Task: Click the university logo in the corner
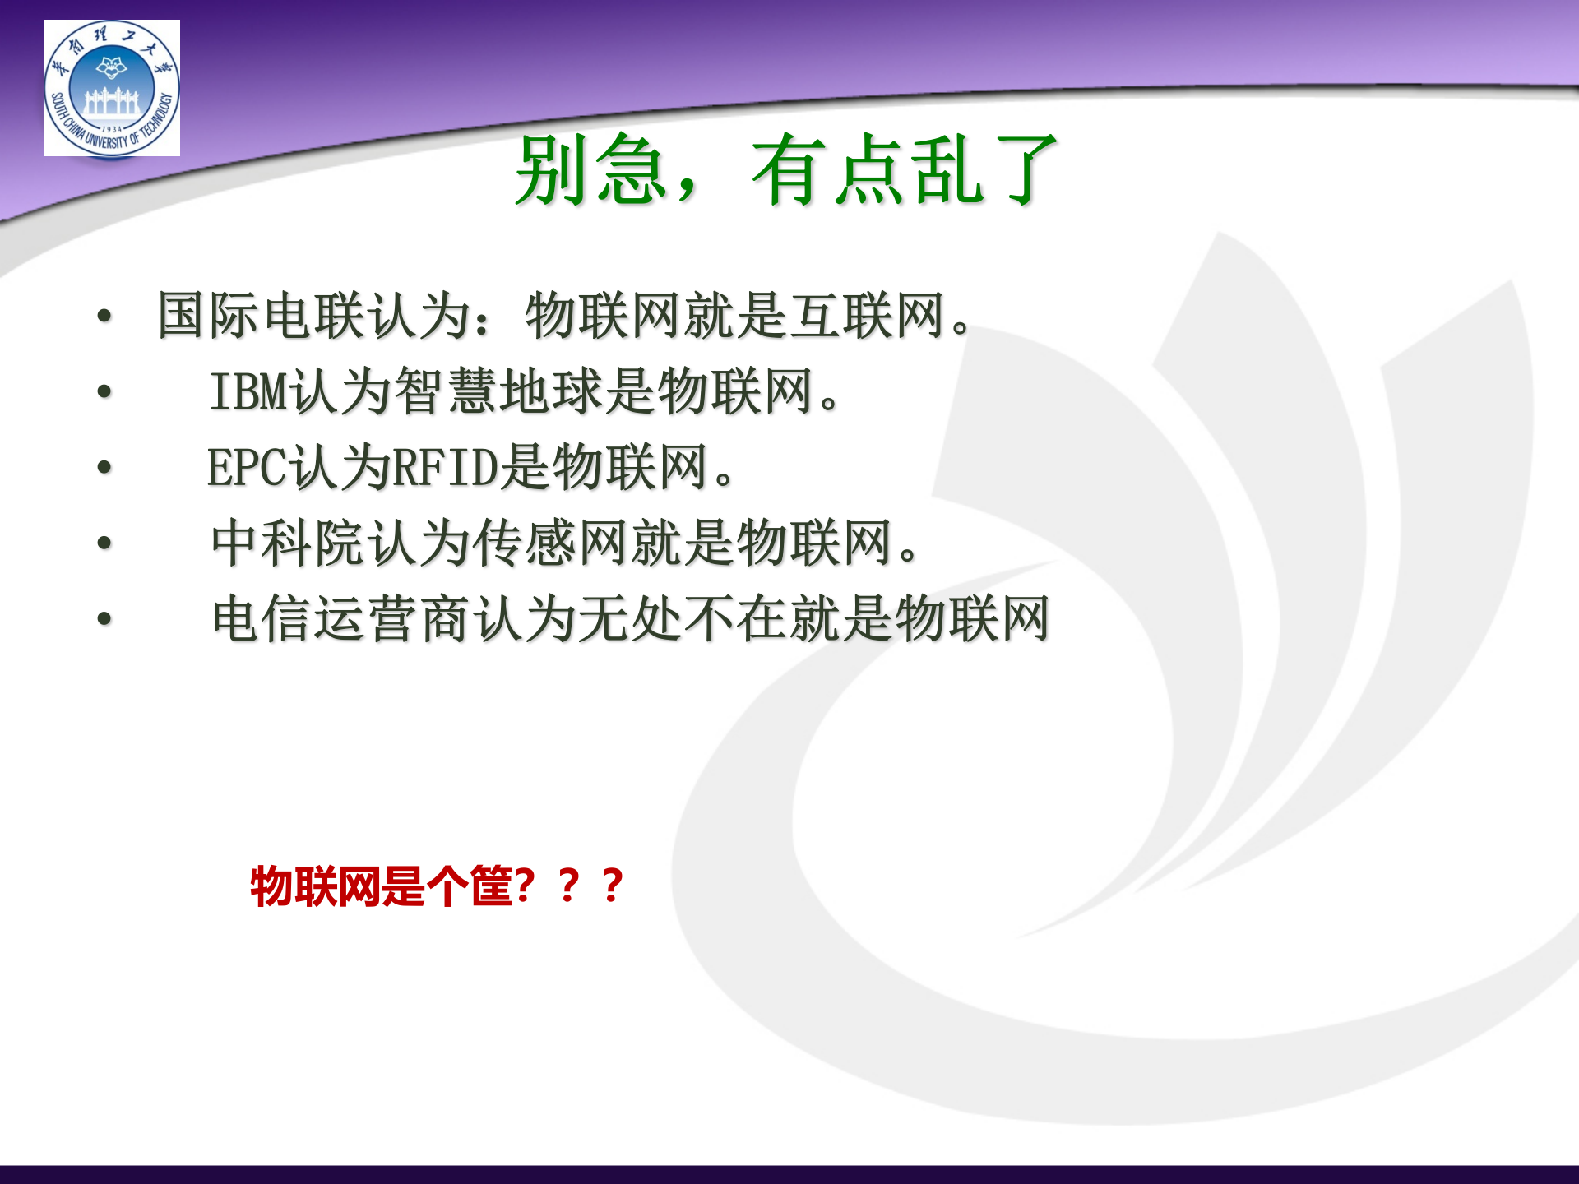click(x=112, y=88)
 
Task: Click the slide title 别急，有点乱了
click(x=785, y=170)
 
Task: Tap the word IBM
click(x=249, y=391)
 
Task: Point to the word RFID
click(x=445, y=467)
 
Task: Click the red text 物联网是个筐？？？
click(x=437, y=886)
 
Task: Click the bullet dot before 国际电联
click(x=104, y=316)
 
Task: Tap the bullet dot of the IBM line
click(x=104, y=391)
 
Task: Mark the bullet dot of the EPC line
click(x=104, y=467)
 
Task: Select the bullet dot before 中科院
click(x=104, y=543)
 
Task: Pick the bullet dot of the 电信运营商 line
click(x=104, y=618)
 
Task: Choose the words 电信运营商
click(x=341, y=618)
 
